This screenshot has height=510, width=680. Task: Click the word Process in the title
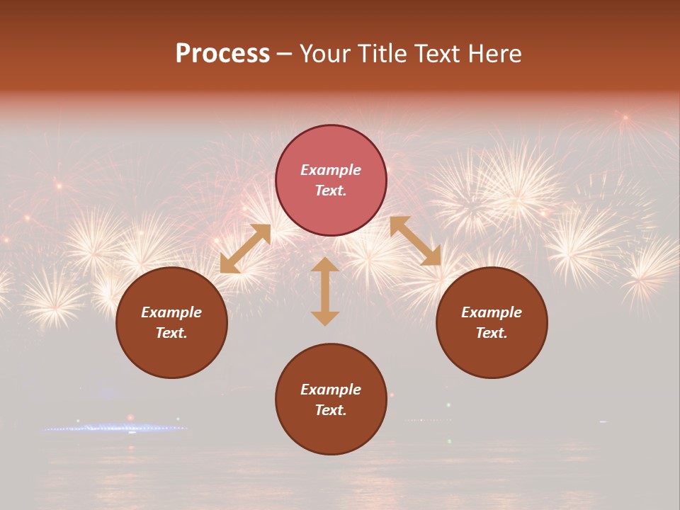222,54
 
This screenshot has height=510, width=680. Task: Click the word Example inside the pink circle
331,170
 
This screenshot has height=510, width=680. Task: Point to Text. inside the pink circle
331,191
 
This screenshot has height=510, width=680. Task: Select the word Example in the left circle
171,312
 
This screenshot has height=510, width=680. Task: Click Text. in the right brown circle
492,333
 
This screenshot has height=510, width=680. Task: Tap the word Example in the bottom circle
331,390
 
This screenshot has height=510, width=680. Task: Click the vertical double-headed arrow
325,290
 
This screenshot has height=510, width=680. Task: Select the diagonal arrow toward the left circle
245,249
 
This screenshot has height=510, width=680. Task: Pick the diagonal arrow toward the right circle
415,241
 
